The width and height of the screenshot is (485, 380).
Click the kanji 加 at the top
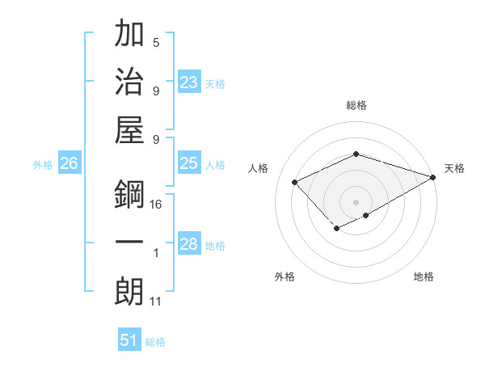pos(130,36)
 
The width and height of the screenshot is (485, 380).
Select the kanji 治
pos(130,82)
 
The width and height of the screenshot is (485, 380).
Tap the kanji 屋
pos(130,129)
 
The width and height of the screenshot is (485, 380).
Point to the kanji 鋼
pos(130,195)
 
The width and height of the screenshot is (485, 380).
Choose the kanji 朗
pos(130,292)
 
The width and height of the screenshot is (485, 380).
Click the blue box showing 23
pos(189,82)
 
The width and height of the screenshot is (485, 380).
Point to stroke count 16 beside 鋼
pos(157,205)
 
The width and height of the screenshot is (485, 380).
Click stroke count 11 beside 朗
pos(157,302)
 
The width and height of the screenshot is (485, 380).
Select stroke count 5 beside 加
pos(156,43)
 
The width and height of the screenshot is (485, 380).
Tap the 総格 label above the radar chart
pos(356,105)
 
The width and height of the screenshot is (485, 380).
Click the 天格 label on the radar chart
pos(454,168)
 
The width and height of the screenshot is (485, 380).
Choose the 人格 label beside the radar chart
pos(258,168)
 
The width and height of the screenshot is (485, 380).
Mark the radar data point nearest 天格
pos(434,176)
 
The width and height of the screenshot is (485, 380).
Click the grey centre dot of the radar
pos(356,201)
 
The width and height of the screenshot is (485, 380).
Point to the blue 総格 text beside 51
pos(155,342)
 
